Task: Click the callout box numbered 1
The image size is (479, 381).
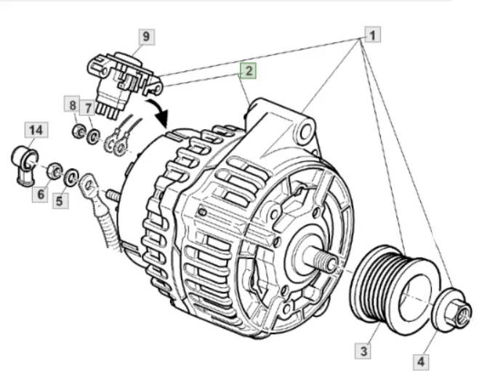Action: click(x=372, y=35)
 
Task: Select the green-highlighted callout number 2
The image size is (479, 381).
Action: click(x=248, y=71)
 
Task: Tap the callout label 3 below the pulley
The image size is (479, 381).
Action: click(x=363, y=351)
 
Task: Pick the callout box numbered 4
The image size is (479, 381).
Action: click(x=421, y=362)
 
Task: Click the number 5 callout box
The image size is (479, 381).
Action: click(x=60, y=201)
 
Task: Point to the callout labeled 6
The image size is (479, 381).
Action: click(x=40, y=194)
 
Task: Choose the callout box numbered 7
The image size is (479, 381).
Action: click(x=88, y=107)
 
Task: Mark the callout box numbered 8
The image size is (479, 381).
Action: click(x=72, y=105)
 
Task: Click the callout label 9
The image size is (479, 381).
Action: click(x=147, y=36)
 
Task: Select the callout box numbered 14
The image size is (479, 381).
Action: click(x=36, y=130)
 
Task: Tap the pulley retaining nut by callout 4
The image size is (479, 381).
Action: click(x=451, y=310)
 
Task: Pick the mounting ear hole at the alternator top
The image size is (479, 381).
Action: click(x=305, y=133)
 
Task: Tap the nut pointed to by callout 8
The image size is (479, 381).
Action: click(x=78, y=131)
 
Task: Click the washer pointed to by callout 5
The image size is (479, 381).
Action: click(x=71, y=177)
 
